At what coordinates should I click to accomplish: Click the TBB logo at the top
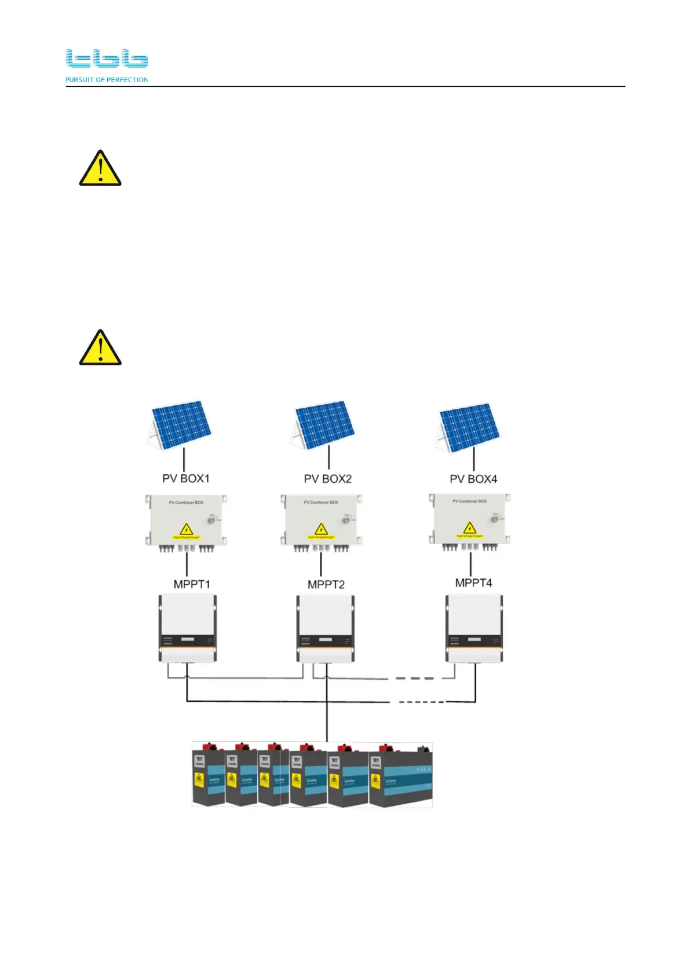[107, 58]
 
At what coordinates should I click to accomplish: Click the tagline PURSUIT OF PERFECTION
[107, 80]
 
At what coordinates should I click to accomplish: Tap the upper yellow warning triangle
[100, 168]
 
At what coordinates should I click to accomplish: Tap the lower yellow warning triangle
[100, 348]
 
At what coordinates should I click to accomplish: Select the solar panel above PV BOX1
[180, 425]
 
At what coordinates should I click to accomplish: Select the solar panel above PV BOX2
[323, 425]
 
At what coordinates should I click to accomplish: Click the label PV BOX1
[185, 479]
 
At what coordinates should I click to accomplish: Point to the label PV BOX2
[327, 479]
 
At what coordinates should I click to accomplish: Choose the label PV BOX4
[473, 479]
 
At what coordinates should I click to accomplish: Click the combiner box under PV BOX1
[186, 520]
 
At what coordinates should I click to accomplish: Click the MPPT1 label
[192, 584]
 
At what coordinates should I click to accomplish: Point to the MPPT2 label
[326, 585]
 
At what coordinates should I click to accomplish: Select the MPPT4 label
[473, 583]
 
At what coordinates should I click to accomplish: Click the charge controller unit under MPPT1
[187, 628]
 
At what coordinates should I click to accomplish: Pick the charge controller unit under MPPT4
[474, 628]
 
